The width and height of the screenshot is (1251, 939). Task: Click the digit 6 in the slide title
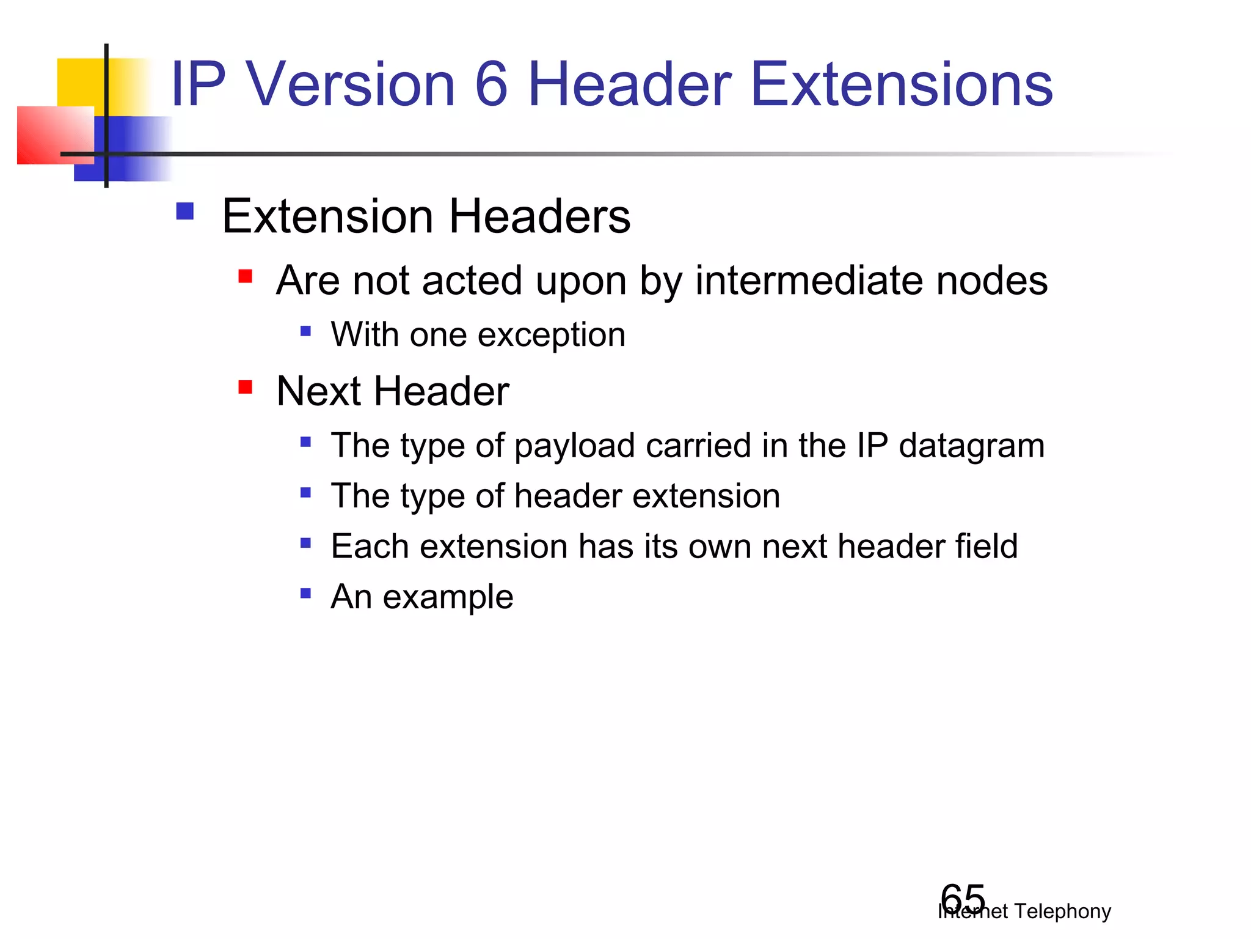coord(491,84)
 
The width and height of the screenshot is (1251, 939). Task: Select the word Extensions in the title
coord(901,84)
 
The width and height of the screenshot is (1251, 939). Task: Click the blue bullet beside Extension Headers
coord(184,212)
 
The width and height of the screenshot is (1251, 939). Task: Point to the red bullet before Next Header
coord(246,387)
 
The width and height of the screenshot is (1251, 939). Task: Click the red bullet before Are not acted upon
coord(246,276)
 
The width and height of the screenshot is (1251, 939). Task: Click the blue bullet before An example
coord(306,593)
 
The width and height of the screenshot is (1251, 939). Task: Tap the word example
coord(448,597)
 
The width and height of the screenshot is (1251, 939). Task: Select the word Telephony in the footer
coord(1062,911)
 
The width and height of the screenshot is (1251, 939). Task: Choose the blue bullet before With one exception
coord(306,331)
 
